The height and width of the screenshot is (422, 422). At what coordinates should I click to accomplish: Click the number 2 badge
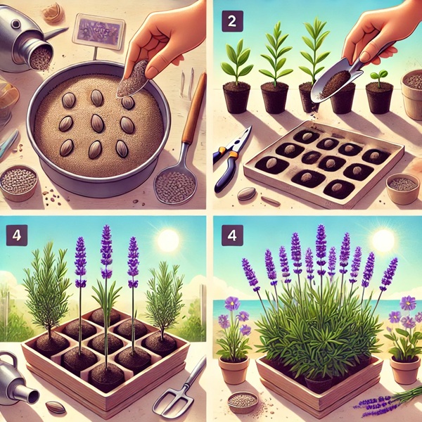tap(232, 21)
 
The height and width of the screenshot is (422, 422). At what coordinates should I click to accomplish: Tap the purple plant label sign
tap(98, 31)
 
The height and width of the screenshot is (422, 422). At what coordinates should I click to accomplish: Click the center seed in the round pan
tap(97, 123)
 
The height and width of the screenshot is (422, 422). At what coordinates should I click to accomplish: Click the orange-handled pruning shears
tap(231, 159)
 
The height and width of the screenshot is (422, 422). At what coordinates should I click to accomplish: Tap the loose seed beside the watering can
tap(56, 407)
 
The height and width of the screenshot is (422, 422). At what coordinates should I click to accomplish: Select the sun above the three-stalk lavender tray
tap(168, 241)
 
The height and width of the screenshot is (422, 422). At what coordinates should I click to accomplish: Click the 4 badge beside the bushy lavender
tap(232, 235)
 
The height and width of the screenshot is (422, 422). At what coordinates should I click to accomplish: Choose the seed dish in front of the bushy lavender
tap(243, 402)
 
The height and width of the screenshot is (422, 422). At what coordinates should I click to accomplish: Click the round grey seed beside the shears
tap(246, 193)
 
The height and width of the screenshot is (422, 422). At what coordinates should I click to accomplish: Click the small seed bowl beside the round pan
tap(18, 182)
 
